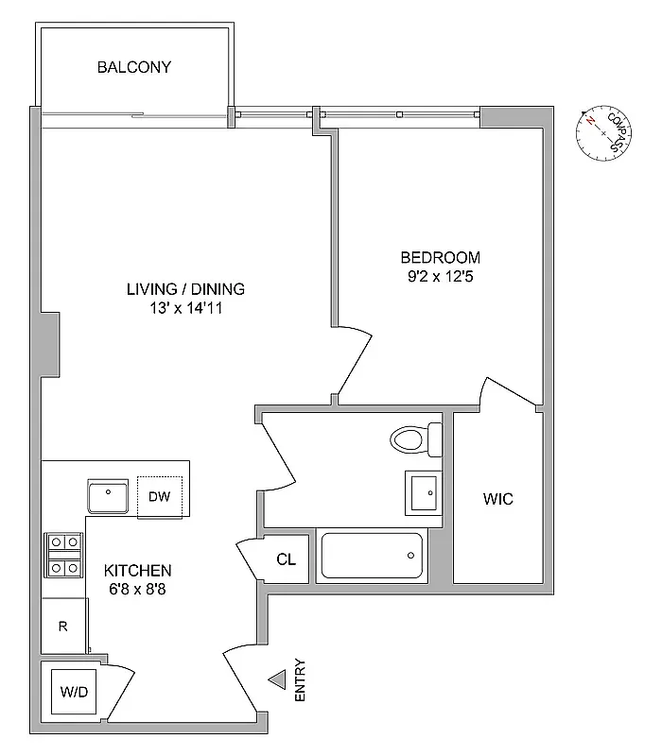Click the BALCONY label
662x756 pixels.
click(133, 67)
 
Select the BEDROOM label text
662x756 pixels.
click(440, 257)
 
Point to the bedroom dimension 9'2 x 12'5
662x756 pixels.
click(440, 278)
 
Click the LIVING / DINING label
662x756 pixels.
click(185, 289)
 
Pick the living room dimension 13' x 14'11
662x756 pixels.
click(185, 309)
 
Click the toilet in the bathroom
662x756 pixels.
click(417, 438)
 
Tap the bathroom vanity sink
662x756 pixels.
click(423, 490)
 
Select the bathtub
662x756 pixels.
click(372, 557)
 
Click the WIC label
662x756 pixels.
click(498, 498)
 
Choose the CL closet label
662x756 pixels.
click(286, 559)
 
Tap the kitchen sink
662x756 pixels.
click(109, 495)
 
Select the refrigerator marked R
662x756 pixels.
click(63, 626)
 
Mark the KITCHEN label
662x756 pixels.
click(137, 571)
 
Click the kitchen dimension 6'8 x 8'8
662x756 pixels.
click(137, 590)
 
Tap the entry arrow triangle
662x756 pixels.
click(277, 679)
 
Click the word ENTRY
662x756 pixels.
click(301, 679)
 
